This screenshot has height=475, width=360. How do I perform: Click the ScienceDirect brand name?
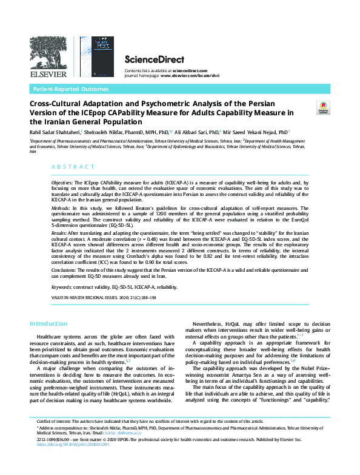pos(149,59)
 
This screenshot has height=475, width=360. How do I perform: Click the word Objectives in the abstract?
pos(62,182)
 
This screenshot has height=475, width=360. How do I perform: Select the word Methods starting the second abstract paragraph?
pos(61,208)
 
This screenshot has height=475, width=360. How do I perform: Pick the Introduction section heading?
pos(49,324)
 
